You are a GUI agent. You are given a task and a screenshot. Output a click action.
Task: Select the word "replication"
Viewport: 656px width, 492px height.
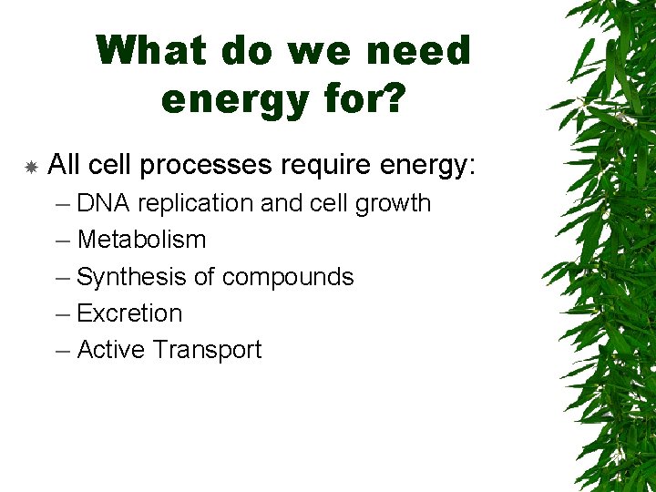point(196,203)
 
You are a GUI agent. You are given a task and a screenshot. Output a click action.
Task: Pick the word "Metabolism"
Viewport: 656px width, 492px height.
point(141,240)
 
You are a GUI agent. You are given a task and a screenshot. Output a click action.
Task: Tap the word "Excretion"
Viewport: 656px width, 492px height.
point(129,313)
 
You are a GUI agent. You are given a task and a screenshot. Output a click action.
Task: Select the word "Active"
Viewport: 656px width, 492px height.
point(111,350)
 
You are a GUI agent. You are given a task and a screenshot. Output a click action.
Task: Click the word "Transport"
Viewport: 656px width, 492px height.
point(207,350)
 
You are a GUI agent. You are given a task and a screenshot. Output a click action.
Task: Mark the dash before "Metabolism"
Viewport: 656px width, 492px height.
point(62,241)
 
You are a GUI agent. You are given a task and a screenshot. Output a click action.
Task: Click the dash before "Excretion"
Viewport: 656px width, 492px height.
point(62,314)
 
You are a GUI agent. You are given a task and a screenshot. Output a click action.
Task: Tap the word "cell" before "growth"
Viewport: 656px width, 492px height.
point(326,203)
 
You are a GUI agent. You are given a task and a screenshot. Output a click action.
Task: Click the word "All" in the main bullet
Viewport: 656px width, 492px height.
point(63,165)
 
